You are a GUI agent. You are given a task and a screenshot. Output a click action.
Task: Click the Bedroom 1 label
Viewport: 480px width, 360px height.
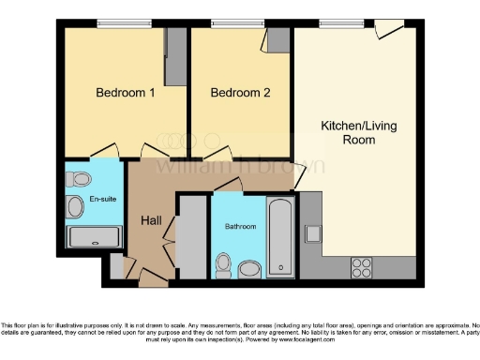click(126, 93)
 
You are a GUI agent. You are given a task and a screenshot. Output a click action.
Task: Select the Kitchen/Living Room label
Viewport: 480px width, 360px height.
click(348, 132)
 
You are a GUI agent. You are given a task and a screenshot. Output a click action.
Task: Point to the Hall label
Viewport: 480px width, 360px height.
click(152, 220)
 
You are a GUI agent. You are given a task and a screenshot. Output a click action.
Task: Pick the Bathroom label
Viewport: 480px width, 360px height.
click(240, 226)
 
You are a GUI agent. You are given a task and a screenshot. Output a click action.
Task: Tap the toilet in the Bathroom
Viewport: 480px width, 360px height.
click(223, 265)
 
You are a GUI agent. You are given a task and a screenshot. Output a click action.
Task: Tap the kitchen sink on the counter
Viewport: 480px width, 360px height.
click(313, 233)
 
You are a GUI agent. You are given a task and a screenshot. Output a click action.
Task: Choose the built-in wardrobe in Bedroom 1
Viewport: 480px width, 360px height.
click(173, 56)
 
